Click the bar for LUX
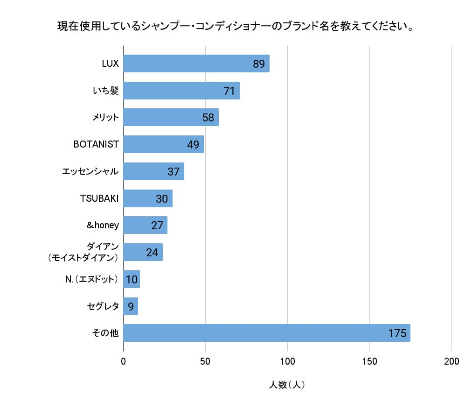pyautogui.click(x=196, y=63)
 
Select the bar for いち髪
pyautogui.click(x=181, y=91)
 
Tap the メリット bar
pyautogui.click(x=171, y=118)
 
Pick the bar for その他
pyautogui.click(x=266, y=333)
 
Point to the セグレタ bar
pyautogui.click(x=131, y=306)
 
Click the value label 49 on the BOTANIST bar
pyautogui.click(x=193, y=145)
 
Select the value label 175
pyautogui.click(x=397, y=333)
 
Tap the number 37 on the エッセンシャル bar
pyautogui.click(x=174, y=172)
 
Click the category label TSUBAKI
pyautogui.click(x=99, y=198)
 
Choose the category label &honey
pyautogui.click(x=103, y=226)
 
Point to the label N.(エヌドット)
pyautogui.click(x=91, y=280)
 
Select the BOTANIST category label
pyautogui.click(x=96, y=145)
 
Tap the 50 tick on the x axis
pyautogui.click(x=205, y=361)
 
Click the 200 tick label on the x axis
pyautogui.click(x=451, y=361)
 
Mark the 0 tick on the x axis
pyautogui.click(x=124, y=361)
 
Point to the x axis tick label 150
pyautogui.click(x=369, y=361)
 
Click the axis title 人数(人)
pyautogui.click(x=287, y=385)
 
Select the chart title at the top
pyautogui.click(x=236, y=26)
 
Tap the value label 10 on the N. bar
pyautogui.click(x=132, y=280)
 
